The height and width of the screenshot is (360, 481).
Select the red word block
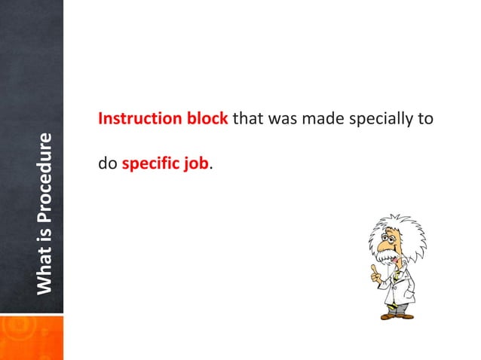pyautogui.click(x=208, y=119)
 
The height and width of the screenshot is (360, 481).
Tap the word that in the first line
pyautogui.click(x=248, y=119)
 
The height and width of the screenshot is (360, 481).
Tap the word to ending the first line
pyautogui.click(x=424, y=119)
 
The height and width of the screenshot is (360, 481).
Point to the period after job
pyautogui.click(x=210, y=166)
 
